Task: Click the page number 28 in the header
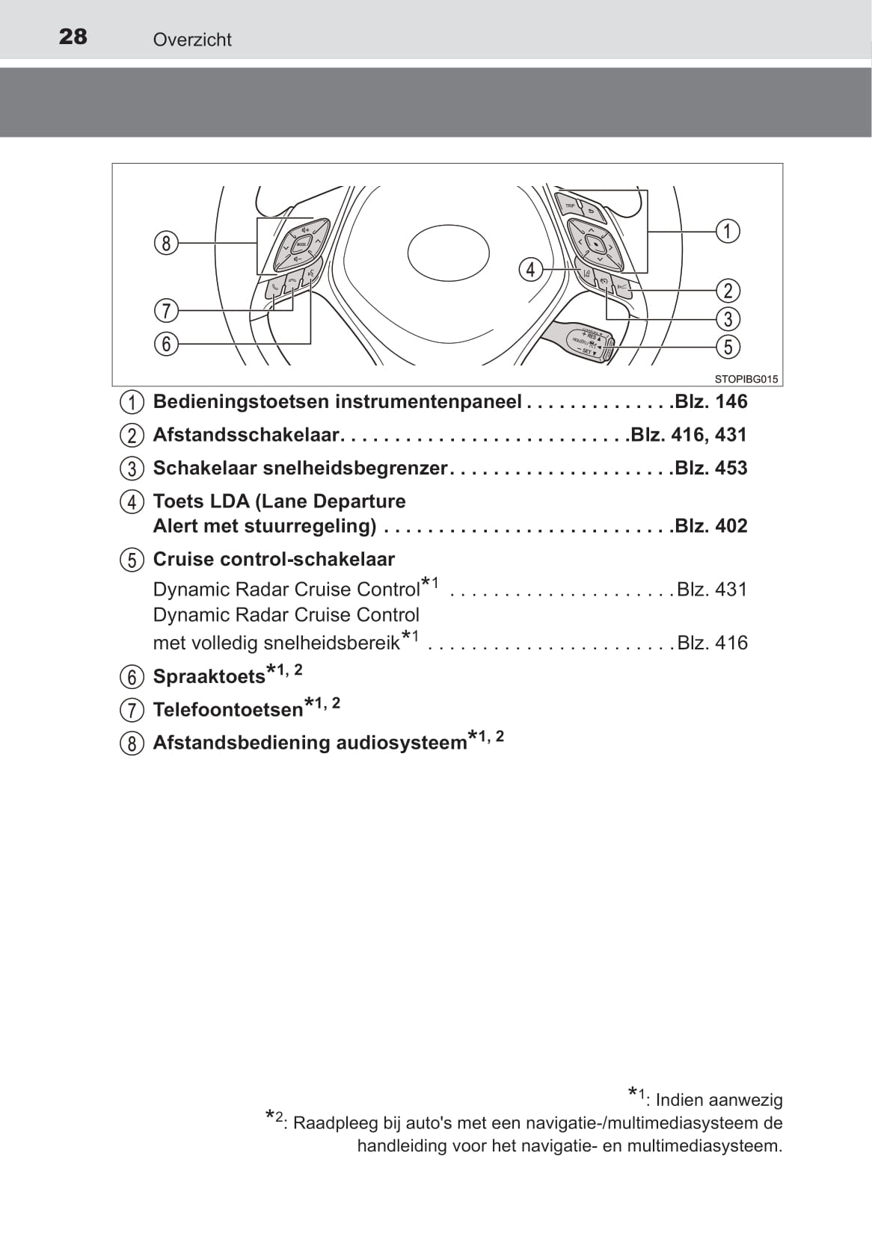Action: click(73, 37)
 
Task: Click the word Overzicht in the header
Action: click(192, 40)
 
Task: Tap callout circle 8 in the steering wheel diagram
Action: click(166, 243)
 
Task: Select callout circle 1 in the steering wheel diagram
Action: click(727, 231)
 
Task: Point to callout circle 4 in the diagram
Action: click(530, 269)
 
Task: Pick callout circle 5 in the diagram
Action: click(728, 347)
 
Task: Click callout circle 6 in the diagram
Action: click(166, 344)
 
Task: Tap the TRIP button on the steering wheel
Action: click(570, 205)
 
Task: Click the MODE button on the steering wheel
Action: click(301, 245)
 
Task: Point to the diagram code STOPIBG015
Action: click(746, 379)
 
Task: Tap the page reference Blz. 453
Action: click(710, 469)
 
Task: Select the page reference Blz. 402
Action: click(710, 526)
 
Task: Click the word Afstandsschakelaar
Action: click(246, 435)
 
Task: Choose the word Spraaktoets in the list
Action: click(209, 676)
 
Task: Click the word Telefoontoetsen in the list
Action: click(227, 709)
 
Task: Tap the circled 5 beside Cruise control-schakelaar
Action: click(132, 560)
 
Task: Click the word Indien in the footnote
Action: click(680, 1100)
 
